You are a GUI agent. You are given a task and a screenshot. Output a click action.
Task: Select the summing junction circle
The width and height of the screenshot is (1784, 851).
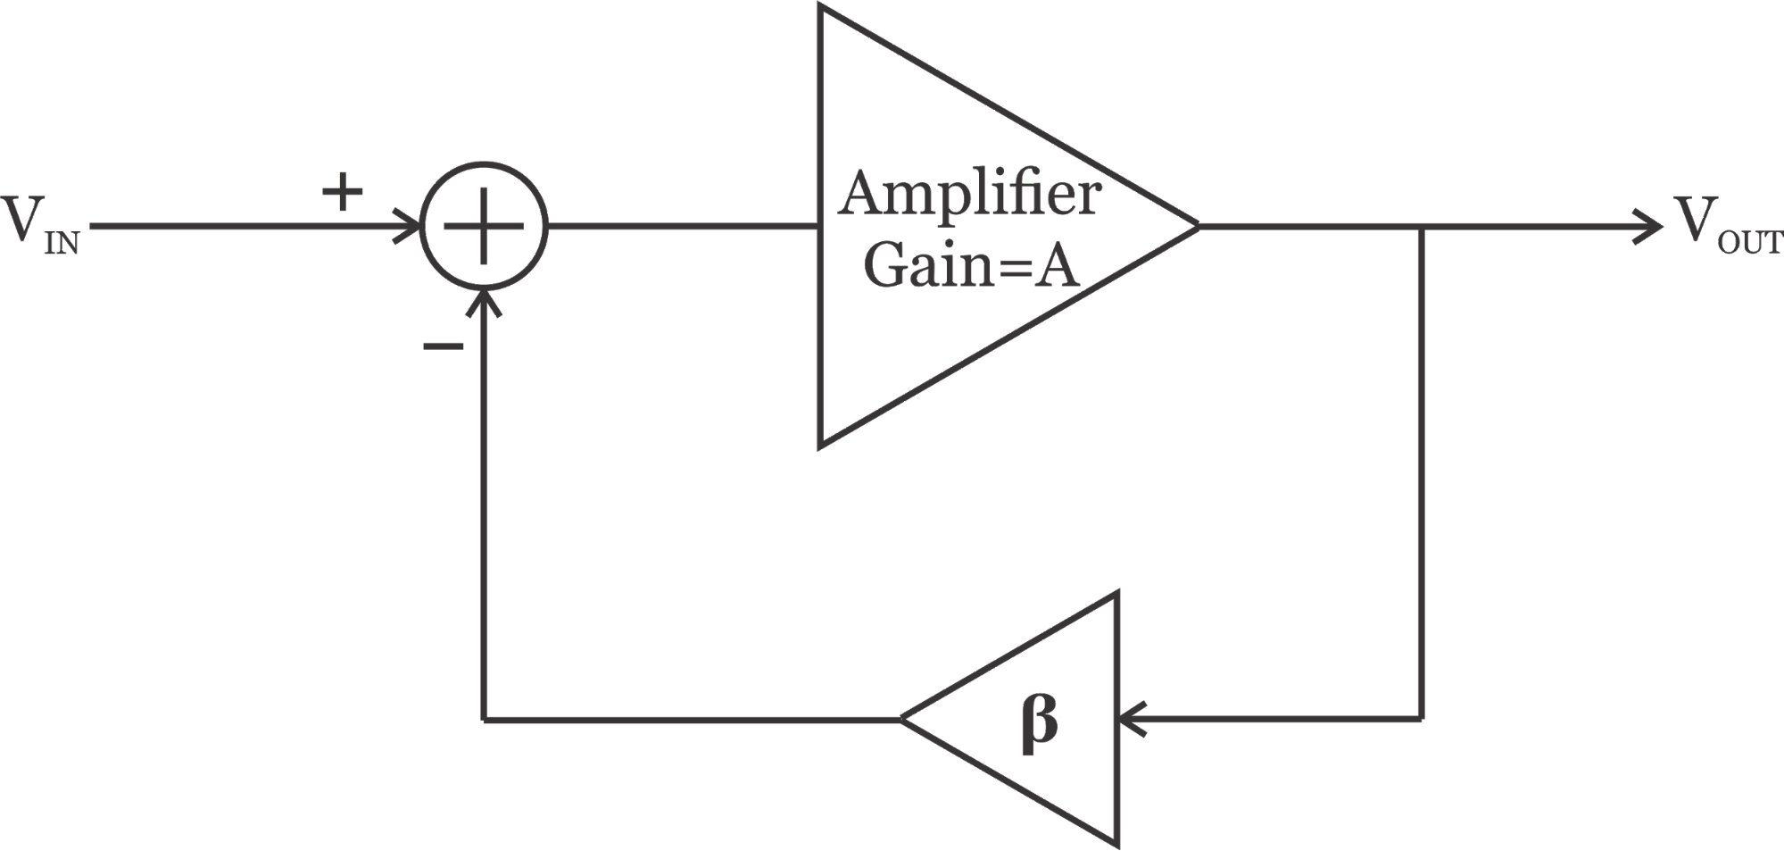click(484, 226)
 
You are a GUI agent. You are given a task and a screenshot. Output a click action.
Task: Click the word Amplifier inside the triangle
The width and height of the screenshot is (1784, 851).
click(969, 194)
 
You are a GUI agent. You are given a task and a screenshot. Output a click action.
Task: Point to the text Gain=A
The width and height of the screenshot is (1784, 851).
click(971, 265)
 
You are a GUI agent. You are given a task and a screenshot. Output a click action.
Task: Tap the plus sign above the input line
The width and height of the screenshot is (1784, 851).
click(343, 192)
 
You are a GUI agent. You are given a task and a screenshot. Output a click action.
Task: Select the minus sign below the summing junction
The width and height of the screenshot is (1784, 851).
click(443, 346)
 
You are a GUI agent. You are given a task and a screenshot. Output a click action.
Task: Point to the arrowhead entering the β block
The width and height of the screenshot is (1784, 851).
click(1129, 718)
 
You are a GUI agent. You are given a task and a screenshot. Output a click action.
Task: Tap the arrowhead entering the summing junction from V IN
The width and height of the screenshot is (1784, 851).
click(411, 226)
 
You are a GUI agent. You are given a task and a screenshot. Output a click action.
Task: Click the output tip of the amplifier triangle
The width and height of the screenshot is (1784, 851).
click(1196, 226)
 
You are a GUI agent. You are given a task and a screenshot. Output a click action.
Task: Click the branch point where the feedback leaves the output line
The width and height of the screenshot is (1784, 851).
click(1421, 227)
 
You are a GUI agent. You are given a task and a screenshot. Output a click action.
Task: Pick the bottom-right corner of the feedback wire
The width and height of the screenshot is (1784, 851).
click(1421, 718)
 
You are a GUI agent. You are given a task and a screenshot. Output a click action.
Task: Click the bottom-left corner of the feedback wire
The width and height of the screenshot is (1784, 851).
click(484, 718)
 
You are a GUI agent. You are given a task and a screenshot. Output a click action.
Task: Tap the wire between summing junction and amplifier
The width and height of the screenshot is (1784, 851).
click(683, 226)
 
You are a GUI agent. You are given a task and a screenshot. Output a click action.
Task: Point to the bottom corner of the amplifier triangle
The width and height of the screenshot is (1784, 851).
click(821, 445)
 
